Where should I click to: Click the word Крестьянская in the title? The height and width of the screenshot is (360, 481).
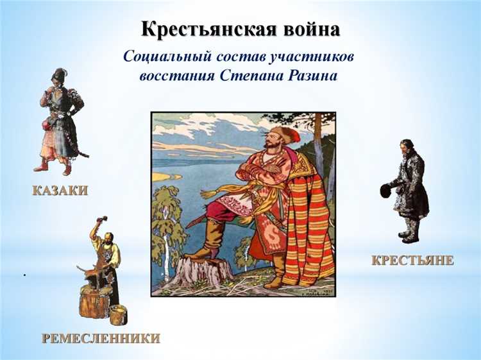click(x=207, y=29)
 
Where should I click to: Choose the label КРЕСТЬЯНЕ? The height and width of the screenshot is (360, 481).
click(x=412, y=260)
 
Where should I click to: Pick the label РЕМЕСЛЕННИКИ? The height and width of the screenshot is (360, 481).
click(x=101, y=338)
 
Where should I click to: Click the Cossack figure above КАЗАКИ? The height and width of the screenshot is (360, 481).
click(x=62, y=122)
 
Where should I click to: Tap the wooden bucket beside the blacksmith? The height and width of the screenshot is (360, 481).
click(x=118, y=314)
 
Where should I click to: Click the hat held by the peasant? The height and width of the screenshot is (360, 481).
click(x=385, y=190)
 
